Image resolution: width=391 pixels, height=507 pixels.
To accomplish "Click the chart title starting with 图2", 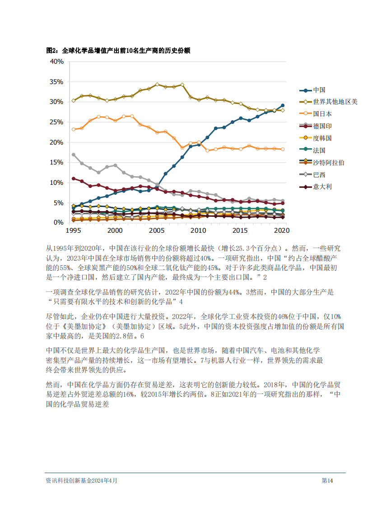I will pyautogui.click(x=118, y=51).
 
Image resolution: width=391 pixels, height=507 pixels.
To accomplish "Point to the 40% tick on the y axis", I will pyautogui.click(x=56, y=61).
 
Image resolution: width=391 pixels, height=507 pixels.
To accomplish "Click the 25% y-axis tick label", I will pyautogui.click(x=56, y=122).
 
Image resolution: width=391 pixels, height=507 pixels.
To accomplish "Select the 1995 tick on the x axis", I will pyautogui.click(x=74, y=230).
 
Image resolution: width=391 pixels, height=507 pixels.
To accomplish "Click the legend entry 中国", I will pyautogui.click(x=319, y=90).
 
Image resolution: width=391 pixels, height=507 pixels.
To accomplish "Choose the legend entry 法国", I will pyautogui.click(x=319, y=150).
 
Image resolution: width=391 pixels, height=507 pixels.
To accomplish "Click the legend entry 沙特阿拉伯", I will pyautogui.click(x=329, y=162).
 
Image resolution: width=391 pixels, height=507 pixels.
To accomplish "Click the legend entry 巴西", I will pyautogui.click(x=319, y=174).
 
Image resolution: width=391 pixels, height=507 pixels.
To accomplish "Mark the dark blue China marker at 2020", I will pyautogui.click(x=283, y=105).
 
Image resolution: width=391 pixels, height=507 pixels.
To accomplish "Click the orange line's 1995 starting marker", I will pyautogui.click(x=74, y=129).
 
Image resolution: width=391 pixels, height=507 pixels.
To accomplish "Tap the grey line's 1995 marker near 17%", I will pyautogui.click(x=74, y=155).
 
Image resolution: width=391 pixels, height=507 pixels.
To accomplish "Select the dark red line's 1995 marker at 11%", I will pyautogui.click(x=74, y=178).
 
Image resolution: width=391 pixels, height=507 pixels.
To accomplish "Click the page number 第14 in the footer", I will pyautogui.click(x=327, y=481).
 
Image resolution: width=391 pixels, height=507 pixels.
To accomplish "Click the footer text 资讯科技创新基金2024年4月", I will pyautogui.click(x=82, y=481).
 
